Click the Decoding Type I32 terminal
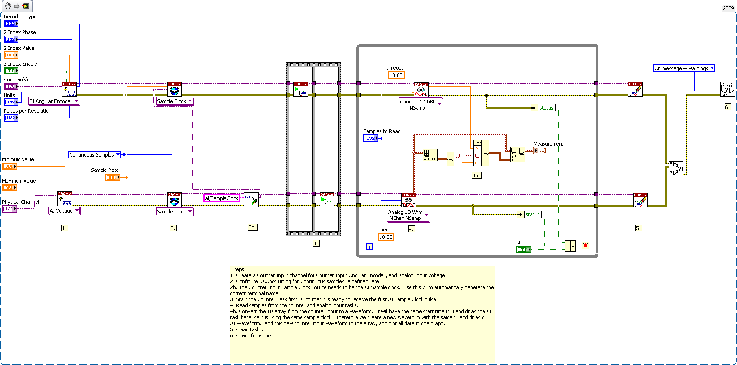click(x=11, y=24)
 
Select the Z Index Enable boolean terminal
click(x=11, y=71)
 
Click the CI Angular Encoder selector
click(x=54, y=101)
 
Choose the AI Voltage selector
click(x=64, y=211)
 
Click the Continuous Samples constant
click(x=94, y=155)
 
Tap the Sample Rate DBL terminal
click(x=112, y=177)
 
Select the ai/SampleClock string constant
click(x=222, y=198)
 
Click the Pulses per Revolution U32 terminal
click(x=11, y=118)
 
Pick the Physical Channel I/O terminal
click(x=9, y=209)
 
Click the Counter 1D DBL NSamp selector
click(x=420, y=104)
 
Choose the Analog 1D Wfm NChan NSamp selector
click(x=408, y=215)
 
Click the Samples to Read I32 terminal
click(x=370, y=138)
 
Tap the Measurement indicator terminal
click(x=540, y=151)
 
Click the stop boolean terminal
click(x=523, y=249)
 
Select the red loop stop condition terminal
click(x=586, y=245)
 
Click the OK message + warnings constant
click(x=684, y=68)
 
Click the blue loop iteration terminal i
click(x=369, y=247)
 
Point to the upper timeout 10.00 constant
click(x=396, y=75)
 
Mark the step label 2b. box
click(x=252, y=227)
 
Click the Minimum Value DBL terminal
click(x=9, y=166)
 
